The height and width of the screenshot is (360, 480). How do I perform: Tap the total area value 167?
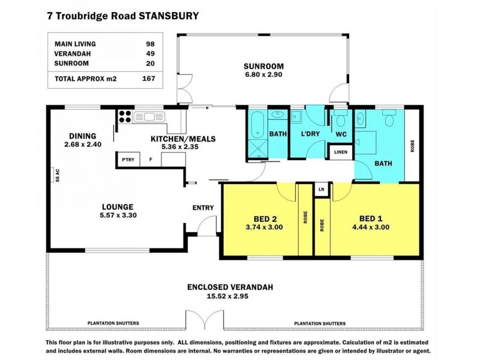click(148, 78)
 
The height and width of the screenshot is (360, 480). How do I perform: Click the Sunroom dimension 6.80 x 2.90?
click(262, 75)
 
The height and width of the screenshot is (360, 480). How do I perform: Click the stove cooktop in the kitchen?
click(125, 116)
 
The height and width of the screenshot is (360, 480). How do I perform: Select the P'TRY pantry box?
click(127, 160)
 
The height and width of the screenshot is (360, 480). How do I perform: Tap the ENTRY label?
click(203, 208)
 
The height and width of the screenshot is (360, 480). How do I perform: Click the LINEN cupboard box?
click(340, 152)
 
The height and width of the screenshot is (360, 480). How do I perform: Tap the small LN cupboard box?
click(322, 190)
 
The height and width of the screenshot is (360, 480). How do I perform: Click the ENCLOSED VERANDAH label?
click(230, 287)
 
